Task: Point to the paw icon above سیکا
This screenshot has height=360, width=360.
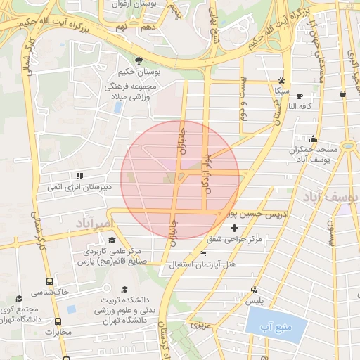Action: (x=281, y=80)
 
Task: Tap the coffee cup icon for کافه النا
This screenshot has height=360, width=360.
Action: (x=300, y=96)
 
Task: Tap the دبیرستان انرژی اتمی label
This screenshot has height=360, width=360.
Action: (x=79, y=188)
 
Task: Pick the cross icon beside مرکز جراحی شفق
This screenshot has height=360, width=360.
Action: (x=234, y=228)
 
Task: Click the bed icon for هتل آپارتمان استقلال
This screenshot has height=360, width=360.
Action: (x=203, y=253)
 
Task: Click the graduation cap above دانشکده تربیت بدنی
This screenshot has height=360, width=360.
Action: (x=124, y=289)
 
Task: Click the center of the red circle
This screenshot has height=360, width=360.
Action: (x=180, y=180)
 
